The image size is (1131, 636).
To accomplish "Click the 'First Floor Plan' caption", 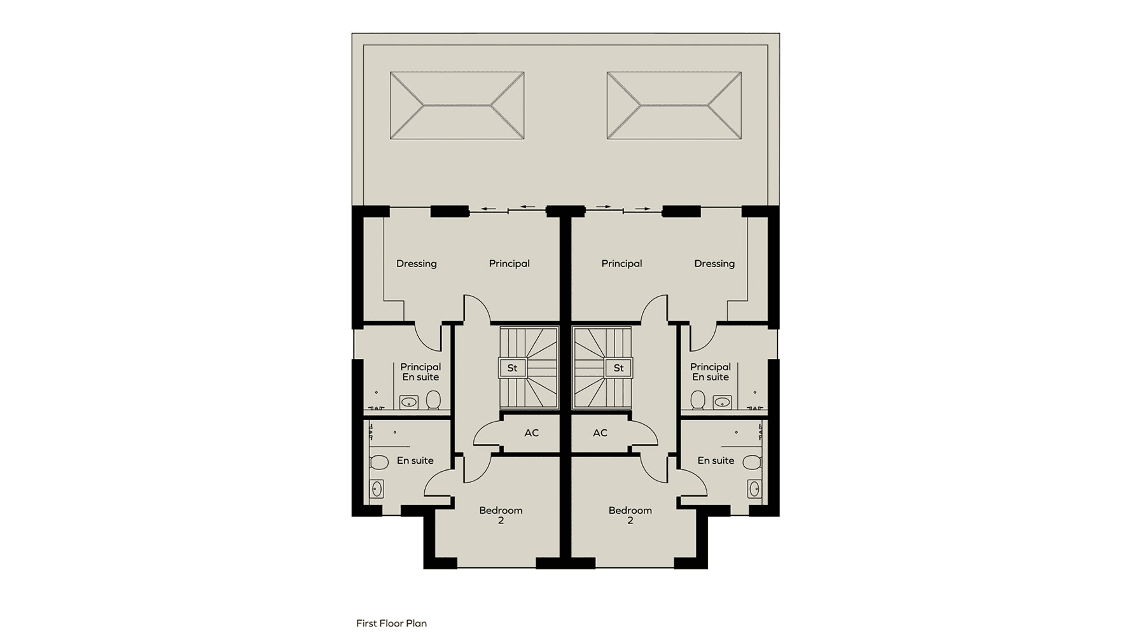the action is tap(391, 623).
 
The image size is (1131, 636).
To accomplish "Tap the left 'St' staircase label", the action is tap(512, 368).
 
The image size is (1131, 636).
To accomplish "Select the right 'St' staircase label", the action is tap(618, 368).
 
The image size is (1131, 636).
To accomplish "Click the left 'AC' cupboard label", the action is tap(531, 433).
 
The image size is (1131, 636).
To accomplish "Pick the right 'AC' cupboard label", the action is tap(600, 433).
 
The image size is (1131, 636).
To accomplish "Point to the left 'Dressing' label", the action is tap(417, 263).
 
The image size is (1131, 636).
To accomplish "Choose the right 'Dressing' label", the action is tap(714, 263).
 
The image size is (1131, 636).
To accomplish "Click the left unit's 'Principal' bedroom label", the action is tap(509, 263).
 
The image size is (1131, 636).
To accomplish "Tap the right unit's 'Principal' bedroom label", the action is tap(621, 263).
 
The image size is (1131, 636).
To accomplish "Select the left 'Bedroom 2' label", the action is tap(501, 515).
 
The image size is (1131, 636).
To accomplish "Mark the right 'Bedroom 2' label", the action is tap(630, 515).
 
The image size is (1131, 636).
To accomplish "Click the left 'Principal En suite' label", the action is tap(420, 372).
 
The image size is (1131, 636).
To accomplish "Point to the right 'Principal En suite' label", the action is tap(711, 372).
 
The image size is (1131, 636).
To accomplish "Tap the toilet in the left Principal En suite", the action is tap(433, 400).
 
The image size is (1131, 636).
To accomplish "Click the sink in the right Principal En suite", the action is tap(722, 402).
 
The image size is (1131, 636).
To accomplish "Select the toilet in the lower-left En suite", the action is tap(379, 462).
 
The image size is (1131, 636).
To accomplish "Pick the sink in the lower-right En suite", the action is tap(754, 488).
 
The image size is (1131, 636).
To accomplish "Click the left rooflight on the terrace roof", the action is tap(457, 106).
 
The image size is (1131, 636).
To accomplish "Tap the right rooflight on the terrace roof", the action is tap(674, 106).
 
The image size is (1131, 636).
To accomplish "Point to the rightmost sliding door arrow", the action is tap(642, 209).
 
